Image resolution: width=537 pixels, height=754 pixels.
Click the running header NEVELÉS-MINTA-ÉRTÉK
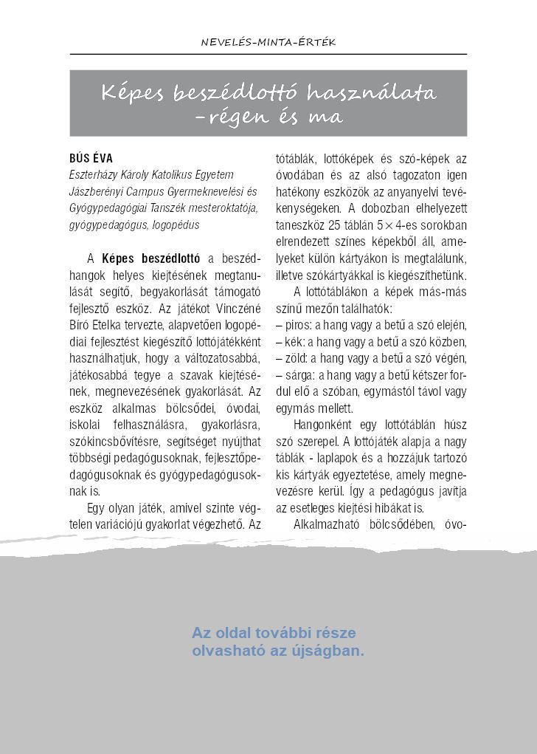(x=268, y=43)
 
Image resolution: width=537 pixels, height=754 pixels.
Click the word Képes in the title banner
(x=132, y=93)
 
